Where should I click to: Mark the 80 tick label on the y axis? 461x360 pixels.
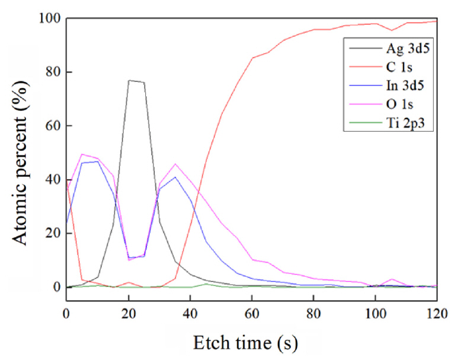point(50,72)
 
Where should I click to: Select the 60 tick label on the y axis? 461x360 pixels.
point(50,126)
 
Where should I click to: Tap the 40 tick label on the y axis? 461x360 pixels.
point(50,180)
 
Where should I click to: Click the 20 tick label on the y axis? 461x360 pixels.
point(50,234)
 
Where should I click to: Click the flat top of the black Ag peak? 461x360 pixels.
point(136,81)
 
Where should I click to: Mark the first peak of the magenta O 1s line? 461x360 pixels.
point(82,154)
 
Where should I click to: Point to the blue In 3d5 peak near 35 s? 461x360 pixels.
point(175,177)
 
